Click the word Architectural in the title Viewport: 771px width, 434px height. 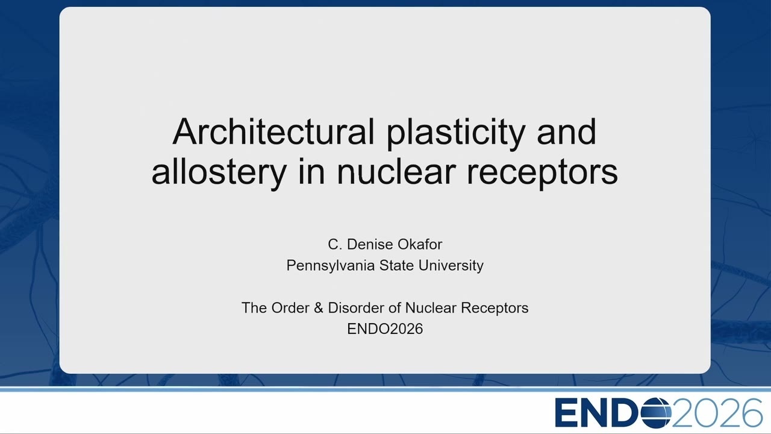click(x=273, y=131)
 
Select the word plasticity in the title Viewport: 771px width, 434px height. click(x=456, y=134)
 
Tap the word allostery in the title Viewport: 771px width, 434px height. click(x=219, y=172)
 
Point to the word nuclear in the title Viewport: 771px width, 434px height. click(x=396, y=171)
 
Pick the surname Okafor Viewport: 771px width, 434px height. click(x=420, y=244)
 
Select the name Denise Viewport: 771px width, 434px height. click(x=370, y=244)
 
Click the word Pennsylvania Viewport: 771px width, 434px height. click(x=331, y=266)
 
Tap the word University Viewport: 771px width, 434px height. click(x=451, y=266)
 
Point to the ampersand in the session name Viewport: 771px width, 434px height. click(x=319, y=308)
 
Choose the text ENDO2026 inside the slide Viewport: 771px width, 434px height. click(x=385, y=329)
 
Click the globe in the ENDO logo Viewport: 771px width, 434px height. click(x=656, y=413)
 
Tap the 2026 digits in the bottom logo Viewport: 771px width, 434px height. click(x=717, y=413)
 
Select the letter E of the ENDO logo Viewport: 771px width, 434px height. click(x=566, y=413)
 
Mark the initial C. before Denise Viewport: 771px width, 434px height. click(x=335, y=244)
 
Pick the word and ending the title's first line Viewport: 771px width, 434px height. click(x=567, y=131)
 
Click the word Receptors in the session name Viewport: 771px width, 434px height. click(x=495, y=308)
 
